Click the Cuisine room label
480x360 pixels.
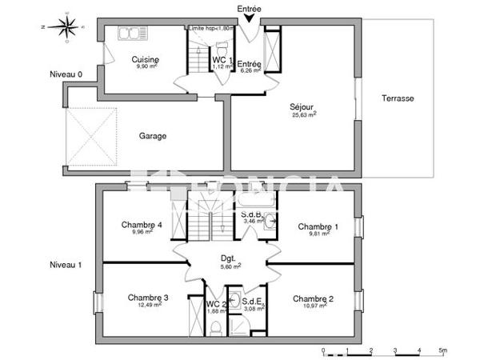coord(145,59)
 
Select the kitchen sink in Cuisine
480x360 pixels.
coord(127,34)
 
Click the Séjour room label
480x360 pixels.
coord(303,106)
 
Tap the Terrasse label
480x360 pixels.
coord(397,98)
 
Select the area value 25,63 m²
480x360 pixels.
coord(303,114)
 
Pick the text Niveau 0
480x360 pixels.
coord(65,76)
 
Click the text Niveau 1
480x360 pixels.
coord(66,264)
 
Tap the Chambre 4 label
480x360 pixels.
coord(142,226)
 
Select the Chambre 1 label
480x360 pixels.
coord(318,227)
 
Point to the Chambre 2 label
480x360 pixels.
coord(313,298)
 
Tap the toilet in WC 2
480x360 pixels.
coord(216,327)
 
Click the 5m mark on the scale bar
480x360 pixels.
coord(443,350)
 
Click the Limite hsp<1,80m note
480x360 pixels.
coord(210,27)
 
